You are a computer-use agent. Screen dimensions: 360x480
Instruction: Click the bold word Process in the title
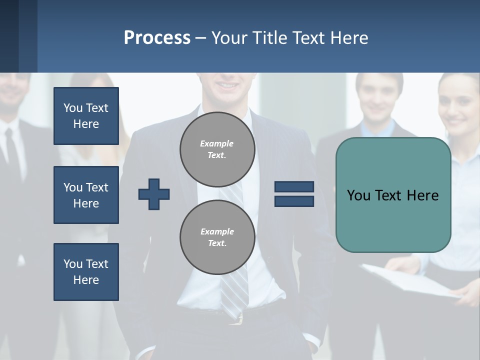click(157, 38)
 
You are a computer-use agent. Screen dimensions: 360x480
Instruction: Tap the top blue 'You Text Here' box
click(86, 116)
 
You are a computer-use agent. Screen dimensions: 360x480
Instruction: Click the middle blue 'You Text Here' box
click(86, 195)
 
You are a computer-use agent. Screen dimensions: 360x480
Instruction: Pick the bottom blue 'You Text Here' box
click(86, 272)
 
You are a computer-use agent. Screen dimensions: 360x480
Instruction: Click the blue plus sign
click(154, 194)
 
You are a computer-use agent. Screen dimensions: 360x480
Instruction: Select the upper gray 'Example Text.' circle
click(217, 149)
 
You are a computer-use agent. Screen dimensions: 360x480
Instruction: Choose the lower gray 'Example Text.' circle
click(217, 237)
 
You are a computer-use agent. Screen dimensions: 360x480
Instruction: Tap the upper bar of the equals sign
click(294, 186)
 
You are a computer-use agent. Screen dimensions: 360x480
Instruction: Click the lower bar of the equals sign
click(294, 201)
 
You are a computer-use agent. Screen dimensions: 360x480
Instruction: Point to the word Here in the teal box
click(422, 195)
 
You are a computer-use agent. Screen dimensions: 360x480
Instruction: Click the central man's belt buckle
click(238, 318)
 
